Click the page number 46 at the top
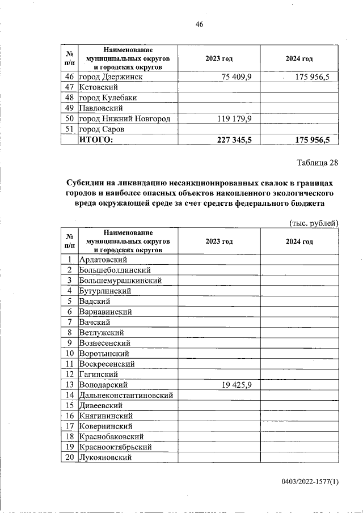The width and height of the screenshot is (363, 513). (x=199, y=24)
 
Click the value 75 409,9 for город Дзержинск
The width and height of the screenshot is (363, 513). (x=237, y=77)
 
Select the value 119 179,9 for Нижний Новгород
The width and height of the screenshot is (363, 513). (x=237, y=118)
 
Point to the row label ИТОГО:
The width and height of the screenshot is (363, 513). (x=96, y=139)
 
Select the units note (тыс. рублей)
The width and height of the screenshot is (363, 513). (x=314, y=223)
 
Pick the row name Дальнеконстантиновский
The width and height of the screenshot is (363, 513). (x=126, y=395)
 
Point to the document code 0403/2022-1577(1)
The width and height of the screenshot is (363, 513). (x=310, y=482)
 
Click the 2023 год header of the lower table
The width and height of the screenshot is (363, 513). (x=219, y=241)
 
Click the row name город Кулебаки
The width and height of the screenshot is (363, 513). (x=108, y=97)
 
